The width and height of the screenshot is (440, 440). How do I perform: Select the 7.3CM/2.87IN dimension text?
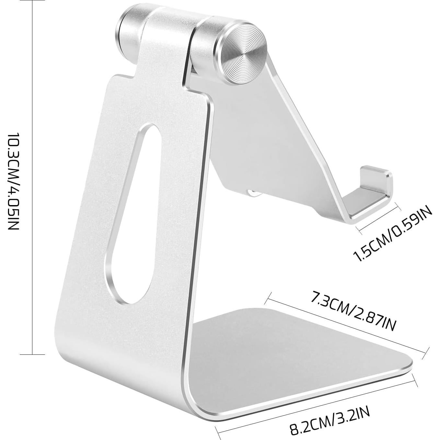click(x=353, y=311)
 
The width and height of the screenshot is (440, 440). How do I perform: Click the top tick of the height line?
click(x=32, y=1)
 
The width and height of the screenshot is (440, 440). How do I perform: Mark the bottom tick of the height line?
click(x=32, y=354)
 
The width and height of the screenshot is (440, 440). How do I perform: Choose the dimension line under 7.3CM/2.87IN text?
click(x=347, y=327)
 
